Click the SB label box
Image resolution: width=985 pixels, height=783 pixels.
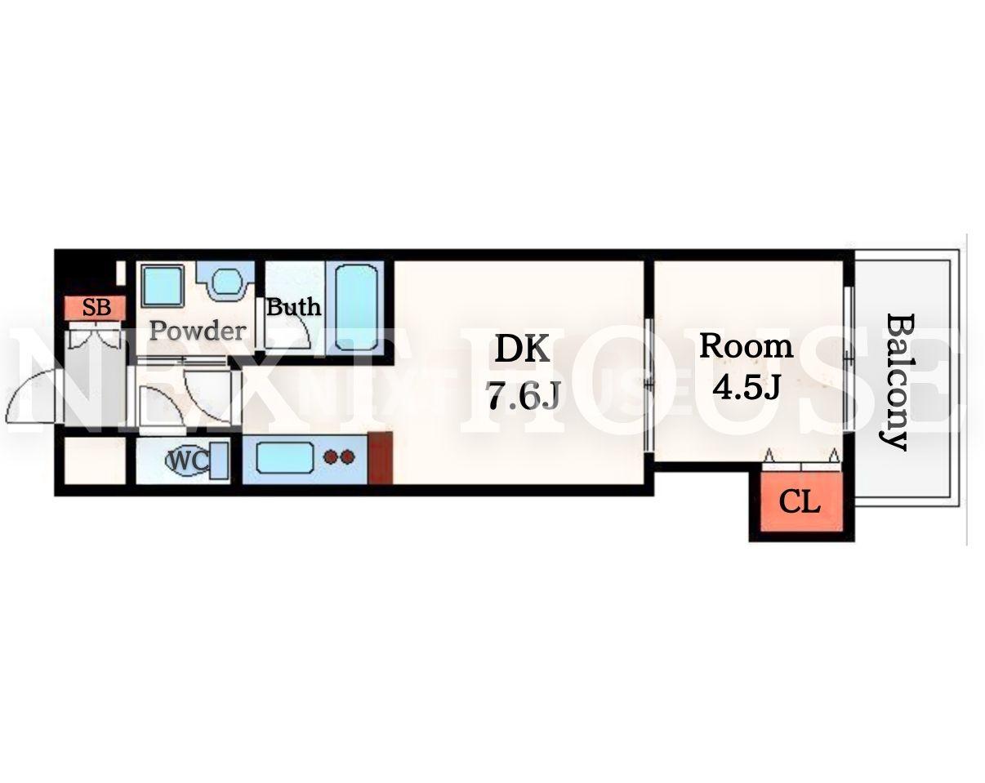[95, 308]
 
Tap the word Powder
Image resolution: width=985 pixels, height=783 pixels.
[198, 331]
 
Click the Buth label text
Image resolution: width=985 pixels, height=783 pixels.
[293, 307]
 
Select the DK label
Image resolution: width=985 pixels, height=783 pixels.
[522, 349]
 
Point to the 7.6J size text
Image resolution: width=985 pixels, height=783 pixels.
[524, 396]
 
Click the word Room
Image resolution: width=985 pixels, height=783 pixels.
[746, 346]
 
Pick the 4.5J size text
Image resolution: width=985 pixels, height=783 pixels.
[746, 387]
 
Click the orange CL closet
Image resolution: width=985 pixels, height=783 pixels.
[801, 501]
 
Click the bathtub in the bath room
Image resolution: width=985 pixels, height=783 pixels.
[357, 308]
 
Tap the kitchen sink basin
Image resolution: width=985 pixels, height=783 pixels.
[285, 457]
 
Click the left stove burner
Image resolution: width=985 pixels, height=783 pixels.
[330, 456]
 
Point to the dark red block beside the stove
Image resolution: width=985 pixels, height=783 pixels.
[381, 457]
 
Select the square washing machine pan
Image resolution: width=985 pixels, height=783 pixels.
[163, 286]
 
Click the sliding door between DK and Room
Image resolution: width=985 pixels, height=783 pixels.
[648, 385]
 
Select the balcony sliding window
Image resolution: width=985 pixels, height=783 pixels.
[849, 358]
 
